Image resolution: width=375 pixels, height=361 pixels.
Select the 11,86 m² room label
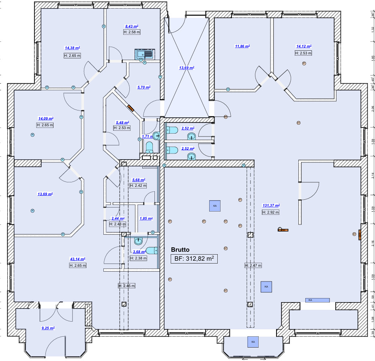pos(242,46)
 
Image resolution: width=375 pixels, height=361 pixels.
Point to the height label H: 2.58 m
pos(132,32)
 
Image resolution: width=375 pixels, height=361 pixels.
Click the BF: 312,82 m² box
pos(194,258)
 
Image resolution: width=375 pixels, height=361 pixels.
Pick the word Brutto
pos(180,250)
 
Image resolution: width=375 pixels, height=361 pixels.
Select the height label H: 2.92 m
pos(270,212)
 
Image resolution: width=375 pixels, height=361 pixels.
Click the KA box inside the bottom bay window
pos(253,342)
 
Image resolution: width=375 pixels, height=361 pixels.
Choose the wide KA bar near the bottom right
pos(317,300)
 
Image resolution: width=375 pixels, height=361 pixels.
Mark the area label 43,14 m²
pos(77,259)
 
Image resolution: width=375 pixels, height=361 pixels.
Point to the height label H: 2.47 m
pos(253,266)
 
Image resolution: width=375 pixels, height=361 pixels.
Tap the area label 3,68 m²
pos(138,252)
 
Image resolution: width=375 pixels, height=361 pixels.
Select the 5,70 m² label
pos(144,87)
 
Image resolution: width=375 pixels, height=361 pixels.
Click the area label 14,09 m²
pos(46,119)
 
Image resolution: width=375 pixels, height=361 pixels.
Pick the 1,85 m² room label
pos(146,218)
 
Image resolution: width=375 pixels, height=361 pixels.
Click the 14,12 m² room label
pos(303,47)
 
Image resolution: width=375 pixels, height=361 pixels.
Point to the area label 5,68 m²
pos(138,179)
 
